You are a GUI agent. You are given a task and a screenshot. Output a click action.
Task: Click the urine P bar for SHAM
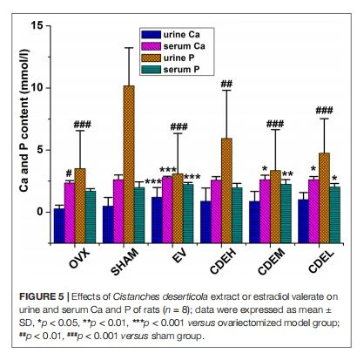coord(129,164)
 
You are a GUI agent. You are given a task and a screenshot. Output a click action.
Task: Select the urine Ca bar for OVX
coord(59,226)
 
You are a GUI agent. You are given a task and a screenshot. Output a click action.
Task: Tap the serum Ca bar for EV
coord(167,209)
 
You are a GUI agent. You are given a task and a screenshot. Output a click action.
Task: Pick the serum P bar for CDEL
coord(334,214)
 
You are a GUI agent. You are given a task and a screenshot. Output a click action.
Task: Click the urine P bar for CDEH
coord(226,191)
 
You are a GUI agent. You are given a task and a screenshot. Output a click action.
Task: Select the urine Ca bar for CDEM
coord(254,222)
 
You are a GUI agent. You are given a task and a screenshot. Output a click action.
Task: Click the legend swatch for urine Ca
coord(151,35)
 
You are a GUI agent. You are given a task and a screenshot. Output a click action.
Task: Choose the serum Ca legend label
coord(185,46)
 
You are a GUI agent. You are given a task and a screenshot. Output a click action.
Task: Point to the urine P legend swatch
coord(151,58)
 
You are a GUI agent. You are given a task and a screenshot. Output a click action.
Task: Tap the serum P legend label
coord(181,70)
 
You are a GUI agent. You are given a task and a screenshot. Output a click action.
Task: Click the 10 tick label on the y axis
coord(37,88)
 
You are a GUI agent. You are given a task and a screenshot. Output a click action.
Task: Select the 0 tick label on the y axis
coord(39,212)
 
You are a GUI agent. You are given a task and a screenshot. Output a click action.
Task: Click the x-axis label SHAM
coord(125,262)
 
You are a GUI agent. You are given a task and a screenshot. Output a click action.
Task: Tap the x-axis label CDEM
coord(272,262)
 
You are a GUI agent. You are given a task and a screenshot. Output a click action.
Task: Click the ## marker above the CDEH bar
coord(226,85)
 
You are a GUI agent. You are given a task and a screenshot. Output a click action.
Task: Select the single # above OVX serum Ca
coord(69,173)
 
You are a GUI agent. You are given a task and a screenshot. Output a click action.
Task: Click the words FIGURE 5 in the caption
coord(41,296)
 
